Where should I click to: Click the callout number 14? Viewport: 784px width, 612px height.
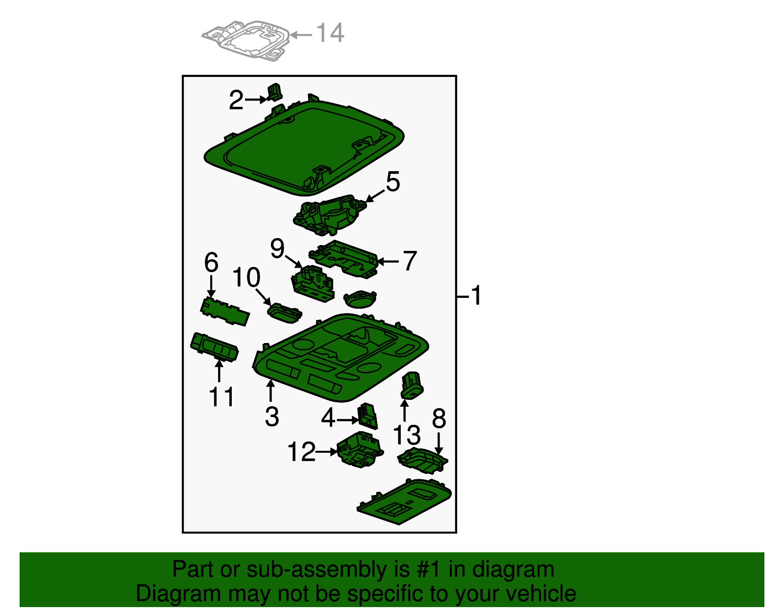(x=330, y=33)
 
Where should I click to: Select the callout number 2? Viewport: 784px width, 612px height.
(x=236, y=100)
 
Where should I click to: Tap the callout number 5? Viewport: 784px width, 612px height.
(x=393, y=181)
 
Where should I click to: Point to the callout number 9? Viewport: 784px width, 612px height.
(x=277, y=248)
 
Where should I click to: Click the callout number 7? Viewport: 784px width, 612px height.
(x=410, y=261)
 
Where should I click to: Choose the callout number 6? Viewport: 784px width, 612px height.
(x=211, y=262)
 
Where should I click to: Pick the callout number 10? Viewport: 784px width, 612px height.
(x=246, y=277)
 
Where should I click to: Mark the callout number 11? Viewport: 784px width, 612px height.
(x=221, y=397)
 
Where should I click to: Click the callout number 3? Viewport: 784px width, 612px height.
(x=272, y=416)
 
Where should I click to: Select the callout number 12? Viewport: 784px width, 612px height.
(x=302, y=451)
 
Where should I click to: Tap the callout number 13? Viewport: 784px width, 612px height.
(x=407, y=435)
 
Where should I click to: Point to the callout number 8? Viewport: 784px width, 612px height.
(x=439, y=419)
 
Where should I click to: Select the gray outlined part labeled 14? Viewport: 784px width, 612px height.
(x=246, y=40)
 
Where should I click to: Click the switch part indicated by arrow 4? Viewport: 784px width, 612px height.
(x=367, y=416)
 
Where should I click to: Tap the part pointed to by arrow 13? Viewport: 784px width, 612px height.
(x=412, y=386)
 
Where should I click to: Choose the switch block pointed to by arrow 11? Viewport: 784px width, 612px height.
(x=214, y=346)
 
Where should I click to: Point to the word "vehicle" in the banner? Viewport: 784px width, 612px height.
(x=541, y=593)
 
